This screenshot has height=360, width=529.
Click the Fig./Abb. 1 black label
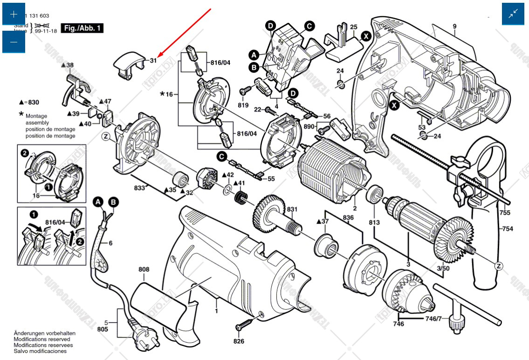[x=82, y=28]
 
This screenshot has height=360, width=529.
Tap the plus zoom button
[x=14, y=14]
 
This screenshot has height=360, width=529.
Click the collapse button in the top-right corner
[x=513, y=14]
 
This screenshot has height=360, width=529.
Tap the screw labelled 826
[x=246, y=323]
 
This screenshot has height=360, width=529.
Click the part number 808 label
[x=144, y=269]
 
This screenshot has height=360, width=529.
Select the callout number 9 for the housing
[x=454, y=27]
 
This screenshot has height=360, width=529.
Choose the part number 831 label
[x=292, y=209]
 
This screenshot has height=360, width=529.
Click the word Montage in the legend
[x=36, y=116]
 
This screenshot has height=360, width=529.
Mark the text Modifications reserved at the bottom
[x=43, y=340]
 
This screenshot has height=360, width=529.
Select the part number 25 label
[x=354, y=27]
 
